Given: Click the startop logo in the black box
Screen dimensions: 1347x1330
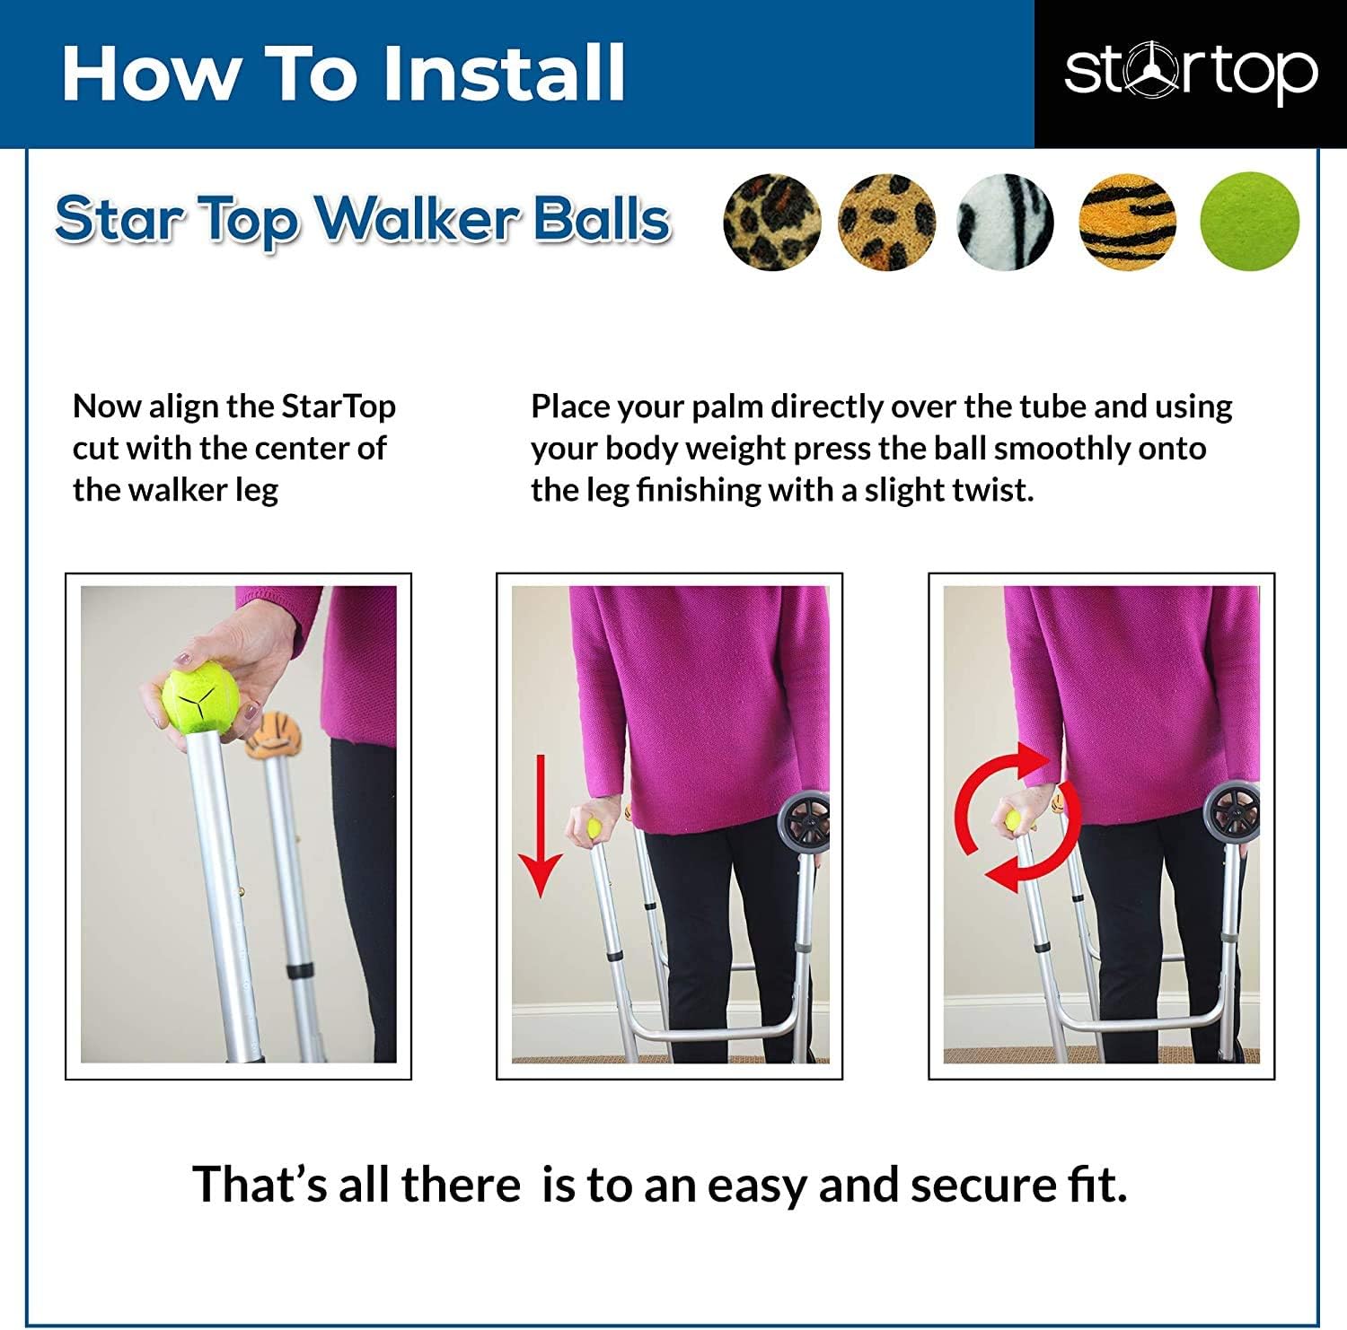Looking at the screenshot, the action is pyautogui.click(x=1191, y=73).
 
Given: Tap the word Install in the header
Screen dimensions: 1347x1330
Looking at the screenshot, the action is pyautogui.click(x=504, y=73).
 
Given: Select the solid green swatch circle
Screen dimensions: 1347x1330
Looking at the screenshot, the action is pyautogui.click(x=1250, y=221).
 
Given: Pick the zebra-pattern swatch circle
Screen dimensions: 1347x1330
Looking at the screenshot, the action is pyautogui.click(x=1006, y=222).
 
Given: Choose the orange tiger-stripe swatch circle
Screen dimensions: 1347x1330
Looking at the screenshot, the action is pyautogui.click(x=1127, y=222).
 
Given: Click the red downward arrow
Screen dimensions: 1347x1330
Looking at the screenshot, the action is pyautogui.click(x=540, y=826).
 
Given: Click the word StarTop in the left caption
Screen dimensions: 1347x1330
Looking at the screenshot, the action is pyautogui.click(x=339, y=407).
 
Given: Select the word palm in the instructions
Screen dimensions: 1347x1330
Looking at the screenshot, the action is pyautogui.click(x=726, y=407).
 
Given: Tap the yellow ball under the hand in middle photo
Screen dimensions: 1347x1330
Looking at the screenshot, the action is pyautogui.click(x=594, y=827).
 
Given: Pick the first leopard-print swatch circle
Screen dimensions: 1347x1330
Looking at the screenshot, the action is pyautogui.click(x=772, y=222).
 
